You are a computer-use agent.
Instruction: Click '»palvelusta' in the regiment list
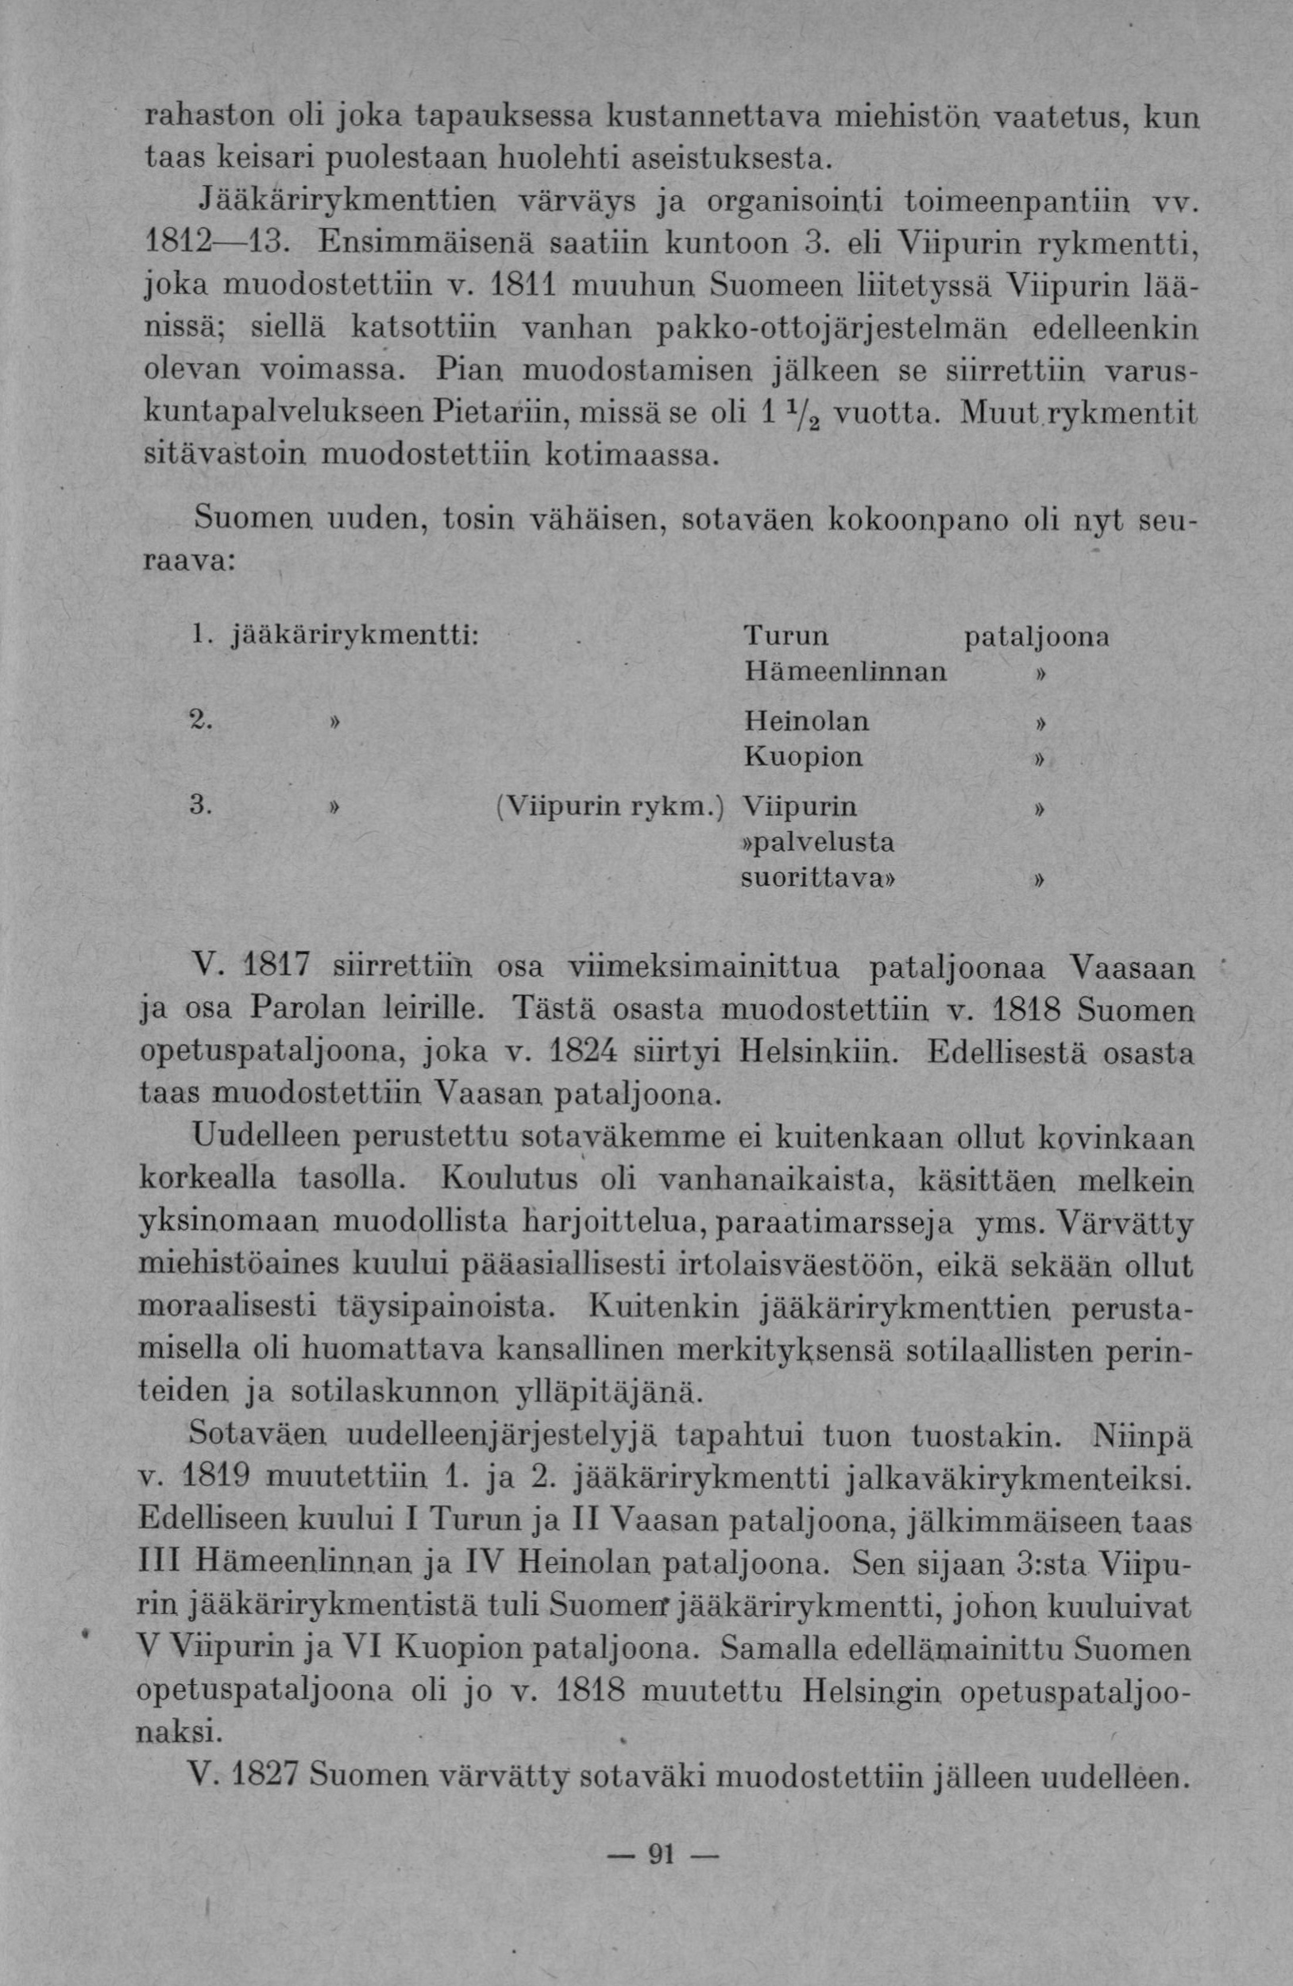[x=818, y=842]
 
